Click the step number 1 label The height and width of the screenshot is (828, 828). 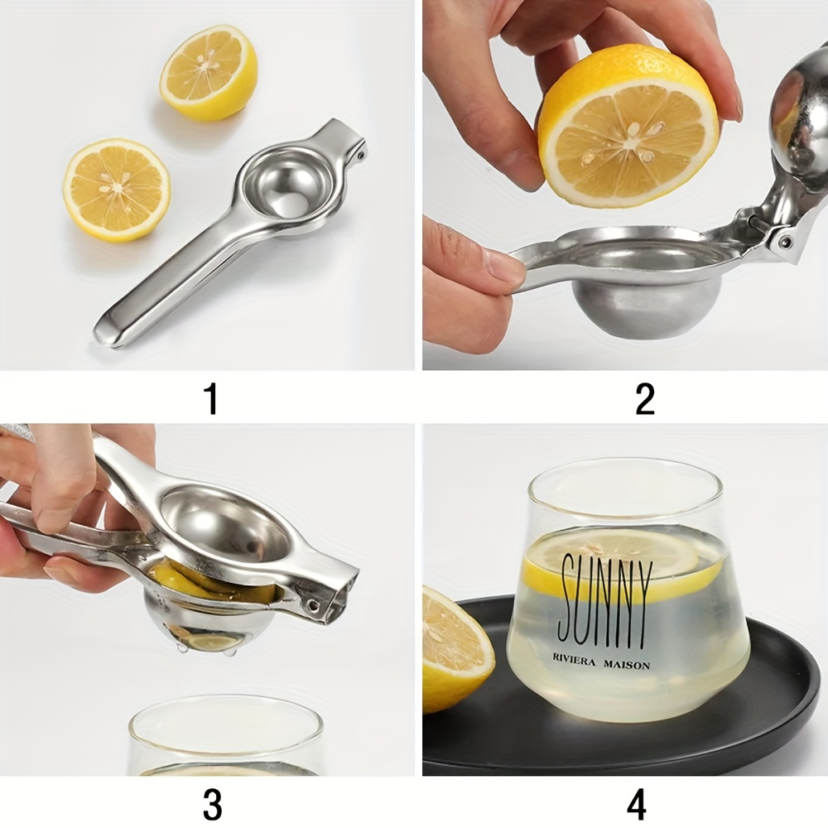[211, 398]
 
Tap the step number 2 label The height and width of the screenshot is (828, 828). [645, 398]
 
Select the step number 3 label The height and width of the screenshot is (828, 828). [212, 804]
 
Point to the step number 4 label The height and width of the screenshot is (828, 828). [636, 804]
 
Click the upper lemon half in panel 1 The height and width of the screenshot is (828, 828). [209, 72]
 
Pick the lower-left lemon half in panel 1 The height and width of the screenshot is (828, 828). [117, 190]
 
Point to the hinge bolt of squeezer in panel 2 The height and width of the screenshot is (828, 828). [783, 242]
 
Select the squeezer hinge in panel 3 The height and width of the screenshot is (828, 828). [319, 604]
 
